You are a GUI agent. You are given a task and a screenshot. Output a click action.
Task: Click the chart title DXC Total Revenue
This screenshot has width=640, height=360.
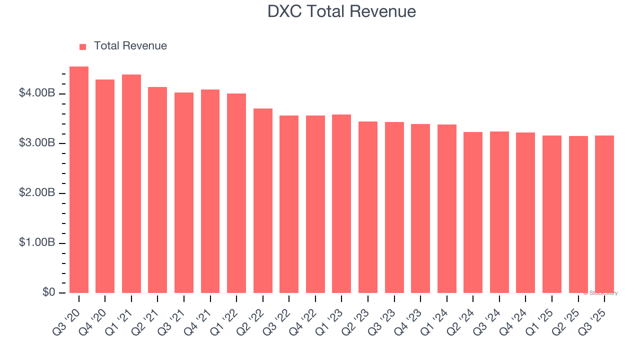[x=341, y=11]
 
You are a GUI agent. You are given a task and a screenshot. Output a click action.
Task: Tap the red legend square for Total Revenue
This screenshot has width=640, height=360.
[x=83, y=46]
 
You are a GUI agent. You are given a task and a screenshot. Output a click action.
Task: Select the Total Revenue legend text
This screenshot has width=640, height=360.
[x=130, y=46]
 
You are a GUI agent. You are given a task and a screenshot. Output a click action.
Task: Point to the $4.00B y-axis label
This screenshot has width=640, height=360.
[x=37, y=93]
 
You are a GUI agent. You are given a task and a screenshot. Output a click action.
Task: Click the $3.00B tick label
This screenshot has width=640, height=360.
[x=37, y=143]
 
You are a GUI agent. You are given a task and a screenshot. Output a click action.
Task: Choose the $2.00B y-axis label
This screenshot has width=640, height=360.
[x=37, y=193]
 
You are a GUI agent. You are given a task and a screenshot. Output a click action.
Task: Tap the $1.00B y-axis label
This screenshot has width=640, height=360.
[x=37, y=242]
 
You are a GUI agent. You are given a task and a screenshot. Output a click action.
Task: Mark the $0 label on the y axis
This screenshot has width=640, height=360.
[x=49, y=292]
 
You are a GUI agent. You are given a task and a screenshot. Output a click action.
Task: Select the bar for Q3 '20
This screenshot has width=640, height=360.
[x=79, y=180]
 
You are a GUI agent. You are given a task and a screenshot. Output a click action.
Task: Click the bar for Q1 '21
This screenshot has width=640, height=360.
[x=131, y=184]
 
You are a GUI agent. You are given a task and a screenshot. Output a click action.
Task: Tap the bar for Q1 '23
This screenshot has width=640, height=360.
[x=341, y=204]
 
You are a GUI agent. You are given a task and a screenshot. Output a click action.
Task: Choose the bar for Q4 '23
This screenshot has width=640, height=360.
[x=420, y=208]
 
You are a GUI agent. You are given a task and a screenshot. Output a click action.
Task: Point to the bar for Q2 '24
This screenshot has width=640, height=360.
[x=473, y=212]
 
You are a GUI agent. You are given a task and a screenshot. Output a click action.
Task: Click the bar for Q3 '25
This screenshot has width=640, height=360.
[x=604, y=214]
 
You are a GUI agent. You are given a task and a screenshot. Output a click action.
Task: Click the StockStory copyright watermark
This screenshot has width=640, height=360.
[x=600, y=293]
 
